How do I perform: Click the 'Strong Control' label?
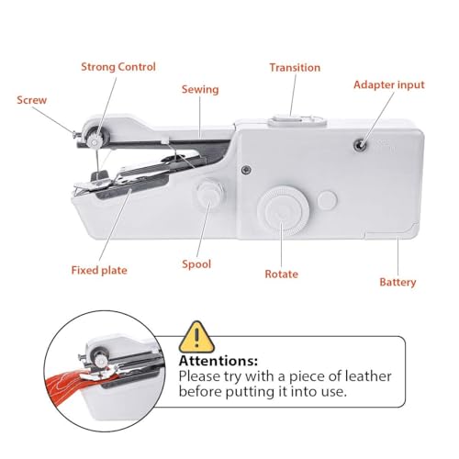pos(118,67)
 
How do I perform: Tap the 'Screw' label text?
pos(31,99)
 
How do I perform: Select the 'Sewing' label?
pos(199,89)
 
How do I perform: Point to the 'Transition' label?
pos(295,68)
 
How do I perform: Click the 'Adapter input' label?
pos(389,84)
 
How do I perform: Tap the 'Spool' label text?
pos(196,264)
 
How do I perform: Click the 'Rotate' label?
pos(281,274)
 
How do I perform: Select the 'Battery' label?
pos(397,282)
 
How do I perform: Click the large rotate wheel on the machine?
pos(277,210)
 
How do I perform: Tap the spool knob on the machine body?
pos(210,195)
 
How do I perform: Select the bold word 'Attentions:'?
pos(218,361)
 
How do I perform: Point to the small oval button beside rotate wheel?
pos(326,199)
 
